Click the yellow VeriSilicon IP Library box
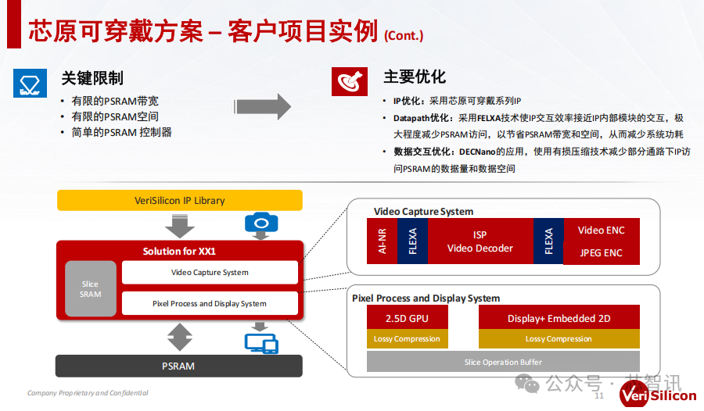tap(179, 200)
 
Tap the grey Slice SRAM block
tap(90, 289)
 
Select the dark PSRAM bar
tap(178, 366)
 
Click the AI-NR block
tap(382, 241)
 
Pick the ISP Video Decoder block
tap(480, 241)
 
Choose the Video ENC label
tap(601, 230)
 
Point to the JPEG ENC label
tap(601, 252)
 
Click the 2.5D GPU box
tap(407, 318)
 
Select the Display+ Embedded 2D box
tap(559, 318)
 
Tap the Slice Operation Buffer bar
tap(502, 362)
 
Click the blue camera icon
tap(261, 223)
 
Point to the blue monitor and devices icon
tap(261, 342)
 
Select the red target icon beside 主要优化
tap(350, 80)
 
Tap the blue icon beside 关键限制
tap(31, 81)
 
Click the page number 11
tap(600, 396)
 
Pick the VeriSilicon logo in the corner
tap(659, 394)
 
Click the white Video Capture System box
tap(210, 273)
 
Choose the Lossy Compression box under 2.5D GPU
tap(407, 339)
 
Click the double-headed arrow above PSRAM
tap(179, 338)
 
